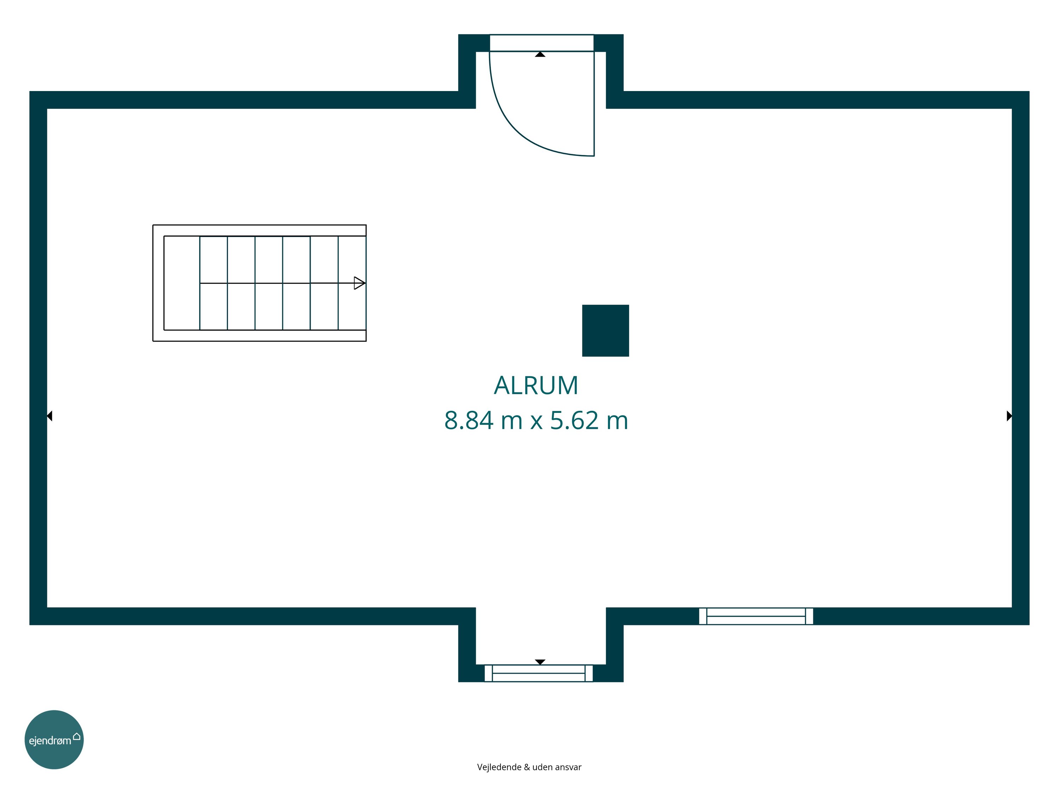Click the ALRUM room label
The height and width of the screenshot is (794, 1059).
point(536,385)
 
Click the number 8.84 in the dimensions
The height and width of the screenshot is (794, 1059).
point(469,420)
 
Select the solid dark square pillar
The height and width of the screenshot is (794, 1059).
point(605,331)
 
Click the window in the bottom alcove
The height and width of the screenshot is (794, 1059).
point(539,673)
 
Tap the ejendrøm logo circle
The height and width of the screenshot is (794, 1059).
point(54,739)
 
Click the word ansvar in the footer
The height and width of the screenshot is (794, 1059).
point(569,768)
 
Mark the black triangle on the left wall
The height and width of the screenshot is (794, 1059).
point(49,416)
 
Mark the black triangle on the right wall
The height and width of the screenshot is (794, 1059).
point(1009,416)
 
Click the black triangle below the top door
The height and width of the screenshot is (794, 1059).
point(540,55)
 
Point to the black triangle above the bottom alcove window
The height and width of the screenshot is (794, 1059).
point(540,662)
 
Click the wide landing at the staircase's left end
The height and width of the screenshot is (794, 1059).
point(182,283)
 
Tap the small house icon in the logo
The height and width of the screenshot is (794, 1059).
point(77,736)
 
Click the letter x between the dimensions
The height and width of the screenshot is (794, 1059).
point(536,423)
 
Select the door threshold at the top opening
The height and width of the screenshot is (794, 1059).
point(542,43)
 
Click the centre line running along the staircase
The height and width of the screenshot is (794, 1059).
point(282,283)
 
